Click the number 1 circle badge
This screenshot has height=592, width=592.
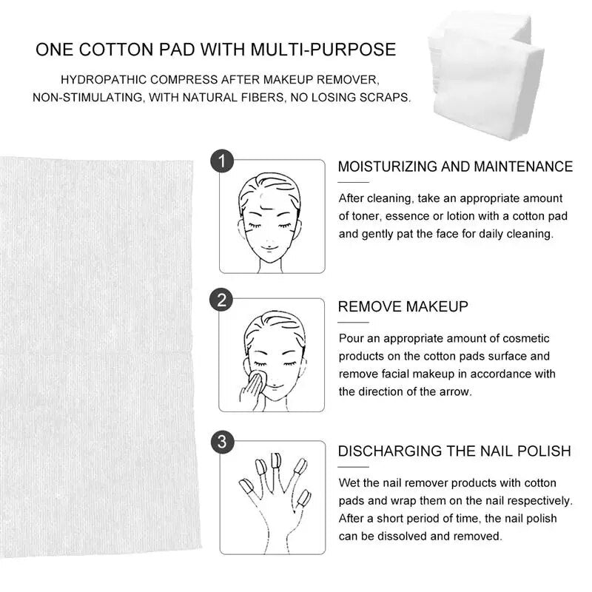(222, 161)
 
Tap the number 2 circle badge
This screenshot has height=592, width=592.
(221, 300)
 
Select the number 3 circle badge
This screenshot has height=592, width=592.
(222, 442)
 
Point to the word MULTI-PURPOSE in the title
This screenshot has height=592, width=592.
(323, 50)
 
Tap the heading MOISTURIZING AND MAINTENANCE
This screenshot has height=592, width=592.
(455, 166)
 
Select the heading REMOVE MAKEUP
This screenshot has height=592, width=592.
(403, 306)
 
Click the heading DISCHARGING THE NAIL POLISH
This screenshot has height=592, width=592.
(454, 451)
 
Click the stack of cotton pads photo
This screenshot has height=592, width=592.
(487, 75)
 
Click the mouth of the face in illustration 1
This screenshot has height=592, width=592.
(269, 249)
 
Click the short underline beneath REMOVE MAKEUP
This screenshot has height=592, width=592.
(353, 323)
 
